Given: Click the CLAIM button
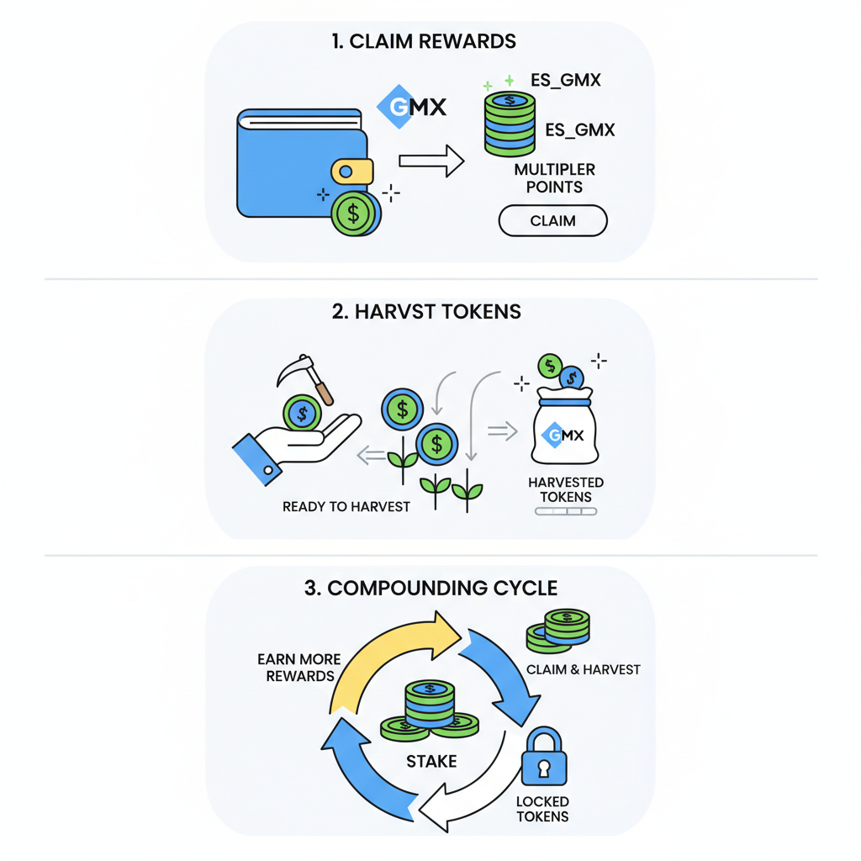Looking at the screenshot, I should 552,221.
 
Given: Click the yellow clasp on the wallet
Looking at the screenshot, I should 352,171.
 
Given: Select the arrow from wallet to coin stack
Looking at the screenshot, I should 431,160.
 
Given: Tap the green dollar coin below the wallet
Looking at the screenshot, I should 353,213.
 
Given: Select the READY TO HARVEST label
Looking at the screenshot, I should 346,507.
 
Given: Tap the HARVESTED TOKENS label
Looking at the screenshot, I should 566,489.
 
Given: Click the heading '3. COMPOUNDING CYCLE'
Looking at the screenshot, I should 430,587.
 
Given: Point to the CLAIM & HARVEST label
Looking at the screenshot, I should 583,669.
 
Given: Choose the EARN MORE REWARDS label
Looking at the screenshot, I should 296,668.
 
